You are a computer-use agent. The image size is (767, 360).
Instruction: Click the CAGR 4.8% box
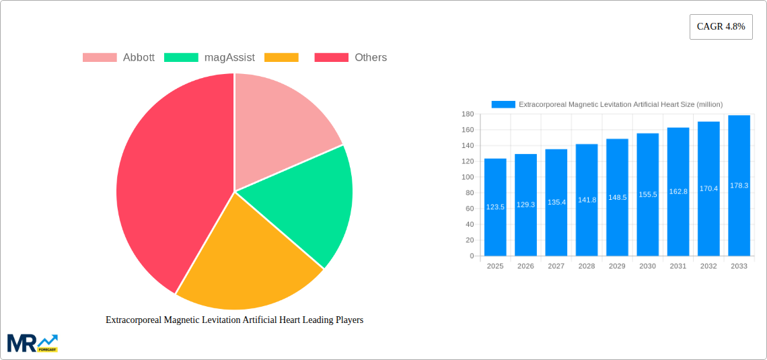721,27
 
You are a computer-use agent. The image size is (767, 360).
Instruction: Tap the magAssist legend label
229,58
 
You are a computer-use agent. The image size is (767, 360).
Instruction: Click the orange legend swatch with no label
281,58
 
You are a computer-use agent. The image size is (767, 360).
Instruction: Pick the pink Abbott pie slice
283,128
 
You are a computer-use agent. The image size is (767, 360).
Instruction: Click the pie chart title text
234,320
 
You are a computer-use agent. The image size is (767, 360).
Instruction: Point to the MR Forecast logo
32,343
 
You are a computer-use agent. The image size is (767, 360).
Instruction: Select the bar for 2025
495,207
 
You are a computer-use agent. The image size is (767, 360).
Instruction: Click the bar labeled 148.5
617,197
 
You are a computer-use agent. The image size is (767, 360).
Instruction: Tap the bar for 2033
739,186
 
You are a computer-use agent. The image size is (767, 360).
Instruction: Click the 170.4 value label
708,188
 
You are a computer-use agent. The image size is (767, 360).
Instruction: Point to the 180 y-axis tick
468,114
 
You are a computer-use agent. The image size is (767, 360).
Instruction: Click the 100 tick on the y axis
468,177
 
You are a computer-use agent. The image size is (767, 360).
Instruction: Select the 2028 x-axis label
587,266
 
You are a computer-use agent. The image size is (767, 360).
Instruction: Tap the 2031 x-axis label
678,266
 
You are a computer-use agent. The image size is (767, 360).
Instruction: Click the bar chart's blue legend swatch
503,104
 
